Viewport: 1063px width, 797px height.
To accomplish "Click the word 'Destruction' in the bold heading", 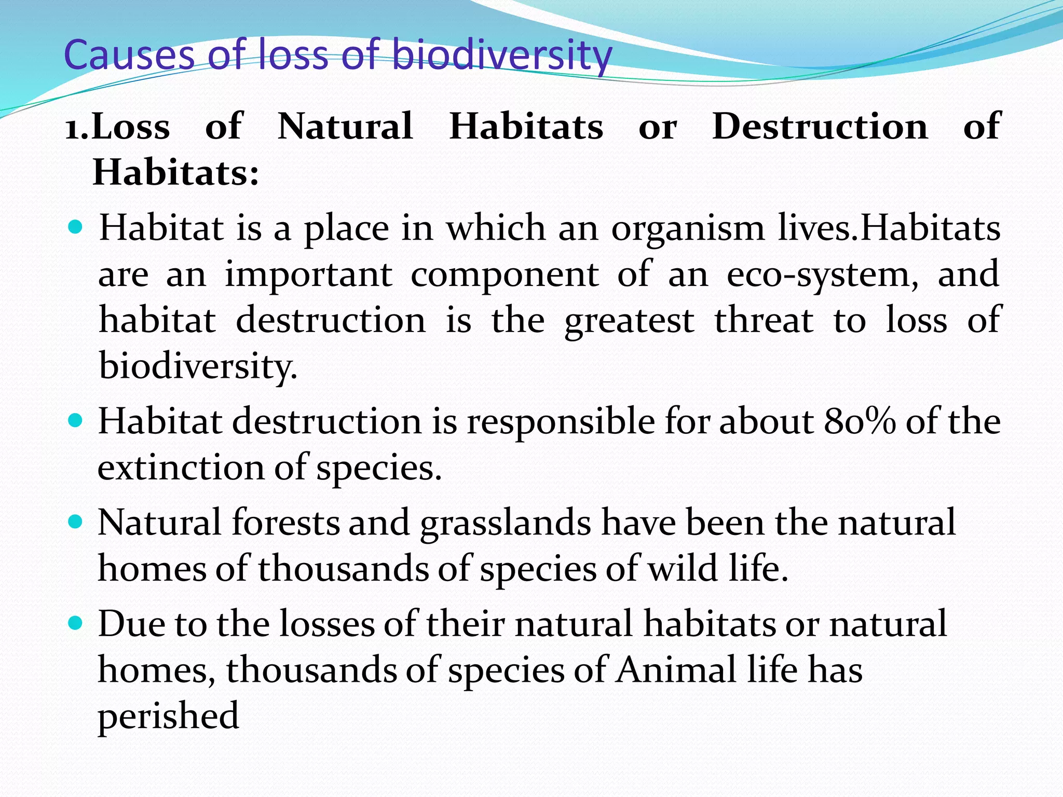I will click(820, 126).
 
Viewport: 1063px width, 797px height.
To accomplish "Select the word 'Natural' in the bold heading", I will click(345, 126).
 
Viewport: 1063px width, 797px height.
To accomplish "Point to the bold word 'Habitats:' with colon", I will click(175, 172).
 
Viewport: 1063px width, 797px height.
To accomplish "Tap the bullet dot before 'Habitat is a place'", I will click(76, 227).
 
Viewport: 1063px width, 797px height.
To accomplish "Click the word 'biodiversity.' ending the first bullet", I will click(198, 366).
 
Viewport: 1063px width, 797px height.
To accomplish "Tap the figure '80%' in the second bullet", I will click(859, 421).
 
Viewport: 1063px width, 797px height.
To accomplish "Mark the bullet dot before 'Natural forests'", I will click(76, 521).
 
